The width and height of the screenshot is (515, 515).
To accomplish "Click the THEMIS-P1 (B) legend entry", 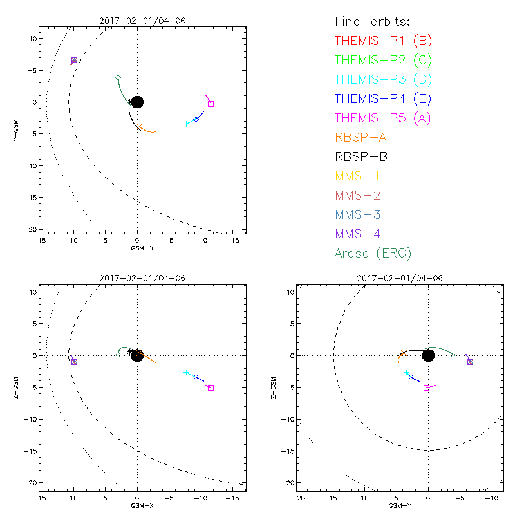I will [383, 41].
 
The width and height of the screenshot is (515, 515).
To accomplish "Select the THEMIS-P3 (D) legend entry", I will [383, 80].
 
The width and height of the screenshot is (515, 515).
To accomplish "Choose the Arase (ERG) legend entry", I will [373, 253].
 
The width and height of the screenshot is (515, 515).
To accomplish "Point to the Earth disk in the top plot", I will [137, 102].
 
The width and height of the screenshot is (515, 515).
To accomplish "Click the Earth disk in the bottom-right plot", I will [428, 355].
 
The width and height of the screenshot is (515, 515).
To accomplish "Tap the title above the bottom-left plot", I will [142, 278].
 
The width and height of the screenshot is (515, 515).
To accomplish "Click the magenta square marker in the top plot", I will [211, 104].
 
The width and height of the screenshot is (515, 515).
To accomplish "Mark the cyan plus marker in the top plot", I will [186, 124].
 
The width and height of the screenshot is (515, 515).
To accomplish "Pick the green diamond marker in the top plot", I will [118, 78].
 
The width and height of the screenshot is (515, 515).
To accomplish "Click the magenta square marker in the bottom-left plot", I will [211, 388].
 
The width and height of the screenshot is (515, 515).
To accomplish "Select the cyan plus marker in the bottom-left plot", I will [186, 373].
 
